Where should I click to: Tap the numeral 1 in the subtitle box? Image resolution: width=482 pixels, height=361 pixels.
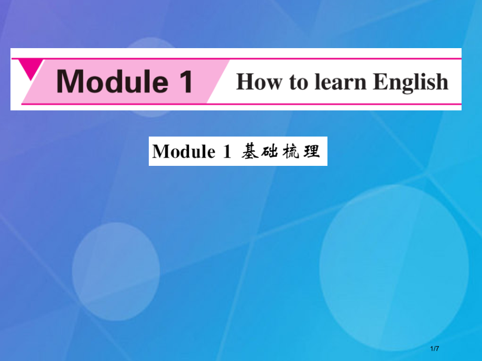[x=227, y=152]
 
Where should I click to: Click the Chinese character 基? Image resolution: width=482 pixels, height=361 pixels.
[x=249, y=151]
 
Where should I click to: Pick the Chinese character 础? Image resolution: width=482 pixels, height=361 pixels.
[x=271, y=151]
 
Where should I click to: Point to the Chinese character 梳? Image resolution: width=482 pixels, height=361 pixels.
[x=291, y=151]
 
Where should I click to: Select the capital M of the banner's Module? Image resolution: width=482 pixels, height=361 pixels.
[x=70, y=82]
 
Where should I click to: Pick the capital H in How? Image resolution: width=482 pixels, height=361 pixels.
[x=245, y=82]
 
